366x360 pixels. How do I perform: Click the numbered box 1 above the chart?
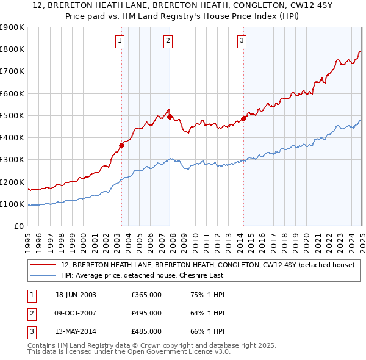click(x=120, y=41)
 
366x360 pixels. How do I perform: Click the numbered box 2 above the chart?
click(x=168, y=41)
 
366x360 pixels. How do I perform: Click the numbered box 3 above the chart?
click(x=242, y=41)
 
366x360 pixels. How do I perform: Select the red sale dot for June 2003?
click(x=121, y=145)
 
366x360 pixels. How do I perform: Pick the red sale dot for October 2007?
click(x=170, y=117)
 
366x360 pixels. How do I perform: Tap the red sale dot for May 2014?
click(x=243, y=118)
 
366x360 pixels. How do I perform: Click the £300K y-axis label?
click(x=12, y=160)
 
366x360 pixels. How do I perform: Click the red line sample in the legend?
click(x=43, y=265)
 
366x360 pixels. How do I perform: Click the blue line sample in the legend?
click(x=43, y=275)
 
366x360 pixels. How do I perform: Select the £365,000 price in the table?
click(x=146, y=295)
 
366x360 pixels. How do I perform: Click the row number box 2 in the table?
click(x=30, y=313)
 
